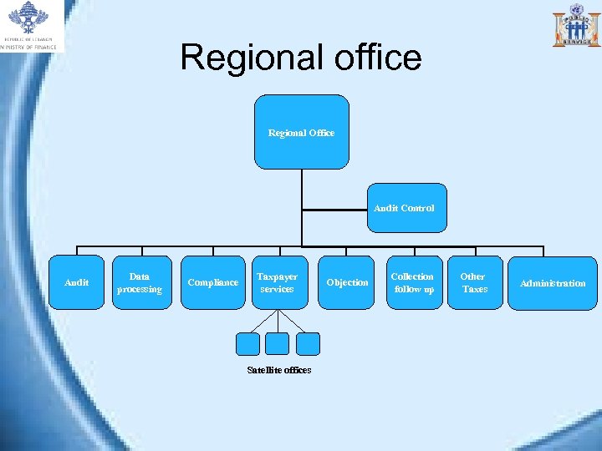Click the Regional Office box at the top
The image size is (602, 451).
(301, 132)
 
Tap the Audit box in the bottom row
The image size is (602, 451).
(77, 282)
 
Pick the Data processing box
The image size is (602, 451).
(140, 282)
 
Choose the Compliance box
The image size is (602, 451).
(212, 282)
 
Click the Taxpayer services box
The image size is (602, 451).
(277, 282)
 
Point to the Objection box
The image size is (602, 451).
(347, 282)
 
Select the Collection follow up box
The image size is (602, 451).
(412, 282)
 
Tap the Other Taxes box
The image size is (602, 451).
(474, 282)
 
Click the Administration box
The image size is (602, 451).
(553, 283)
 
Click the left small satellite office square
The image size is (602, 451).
(248, 344)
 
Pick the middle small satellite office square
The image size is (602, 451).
(278, 344)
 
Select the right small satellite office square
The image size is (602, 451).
(308, 344)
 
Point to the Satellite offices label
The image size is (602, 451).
(278, 370)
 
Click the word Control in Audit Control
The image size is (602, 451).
(418, 208)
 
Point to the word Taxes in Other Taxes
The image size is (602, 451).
(474, 289)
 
